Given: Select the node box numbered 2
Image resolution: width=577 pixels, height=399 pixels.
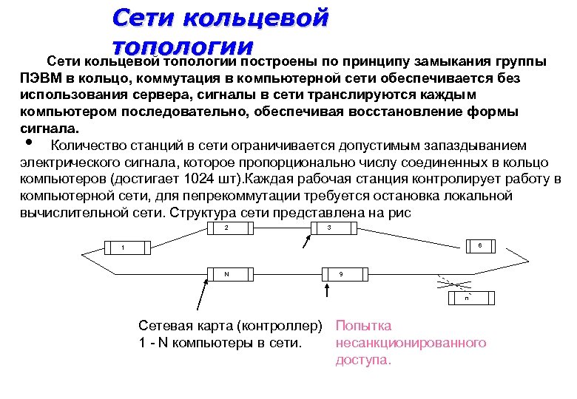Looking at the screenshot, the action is click(x=227, y=228).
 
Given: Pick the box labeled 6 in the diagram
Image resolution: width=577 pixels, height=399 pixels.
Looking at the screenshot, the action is click(x=479, y=245).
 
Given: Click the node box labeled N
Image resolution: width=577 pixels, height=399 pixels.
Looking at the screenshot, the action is click(x=227, y=273).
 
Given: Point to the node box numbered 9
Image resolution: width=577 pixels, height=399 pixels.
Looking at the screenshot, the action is click(x=343, y=274).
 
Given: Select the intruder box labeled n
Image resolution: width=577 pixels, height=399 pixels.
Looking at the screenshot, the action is click(x=468, y=299).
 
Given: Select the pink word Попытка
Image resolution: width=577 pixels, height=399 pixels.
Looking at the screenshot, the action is click(x=364, y=326).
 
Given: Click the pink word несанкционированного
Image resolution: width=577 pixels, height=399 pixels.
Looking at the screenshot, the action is click(x=411, y=343).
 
